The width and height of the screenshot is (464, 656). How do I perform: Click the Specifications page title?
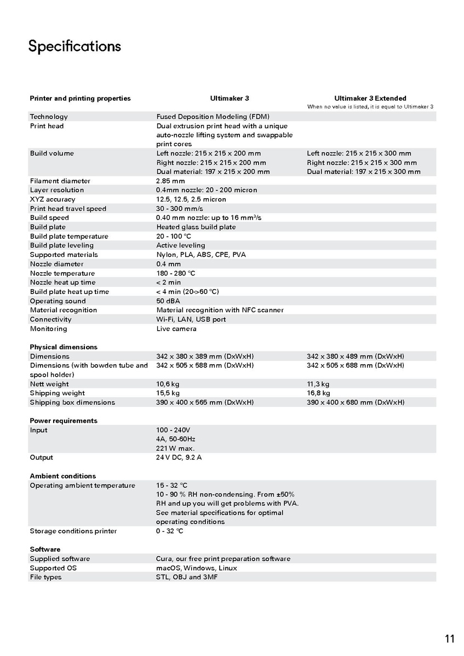(75, 46)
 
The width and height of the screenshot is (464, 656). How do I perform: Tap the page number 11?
(450, 638)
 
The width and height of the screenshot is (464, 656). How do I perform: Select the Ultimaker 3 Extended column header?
(370, 99)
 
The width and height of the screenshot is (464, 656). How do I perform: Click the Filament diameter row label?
(60, 181)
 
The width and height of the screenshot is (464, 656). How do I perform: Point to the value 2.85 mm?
(170, 181)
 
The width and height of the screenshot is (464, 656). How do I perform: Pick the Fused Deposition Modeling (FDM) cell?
(213, 117)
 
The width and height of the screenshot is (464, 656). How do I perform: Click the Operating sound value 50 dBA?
(169, 301)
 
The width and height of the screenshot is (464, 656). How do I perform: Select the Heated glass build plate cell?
(196, 227)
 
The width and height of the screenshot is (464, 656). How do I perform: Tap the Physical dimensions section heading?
(64, 347)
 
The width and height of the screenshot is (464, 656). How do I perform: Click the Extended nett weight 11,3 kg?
(318, 384)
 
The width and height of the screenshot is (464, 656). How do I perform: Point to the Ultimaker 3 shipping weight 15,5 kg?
(168, 393)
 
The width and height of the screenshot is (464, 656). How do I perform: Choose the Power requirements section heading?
(64, 421)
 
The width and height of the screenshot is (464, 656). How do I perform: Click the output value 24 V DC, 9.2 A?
(179, 457)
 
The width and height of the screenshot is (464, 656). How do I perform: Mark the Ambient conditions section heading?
(62, 476)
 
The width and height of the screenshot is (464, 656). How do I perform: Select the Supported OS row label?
(53, 568)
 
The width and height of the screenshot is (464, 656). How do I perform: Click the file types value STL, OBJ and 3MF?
(187, 577)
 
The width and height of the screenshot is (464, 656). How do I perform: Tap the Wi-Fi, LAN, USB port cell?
(191, 319)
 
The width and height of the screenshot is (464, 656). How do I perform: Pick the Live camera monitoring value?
(176, 329)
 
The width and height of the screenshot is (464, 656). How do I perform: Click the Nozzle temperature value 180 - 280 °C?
(176, 273)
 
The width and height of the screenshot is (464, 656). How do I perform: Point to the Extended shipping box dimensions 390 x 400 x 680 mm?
(356, 402)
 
